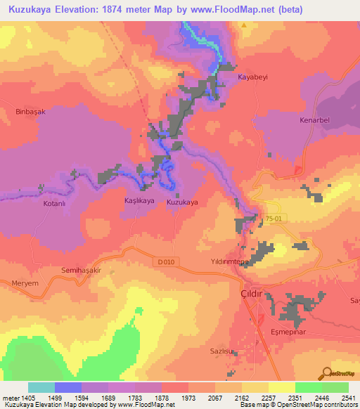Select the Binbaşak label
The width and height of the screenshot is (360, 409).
point(30,111)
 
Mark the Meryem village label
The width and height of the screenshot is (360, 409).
point(26,283)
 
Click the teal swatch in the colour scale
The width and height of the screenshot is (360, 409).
point(41,387)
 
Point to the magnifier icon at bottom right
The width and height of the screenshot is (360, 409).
point(327,374)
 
